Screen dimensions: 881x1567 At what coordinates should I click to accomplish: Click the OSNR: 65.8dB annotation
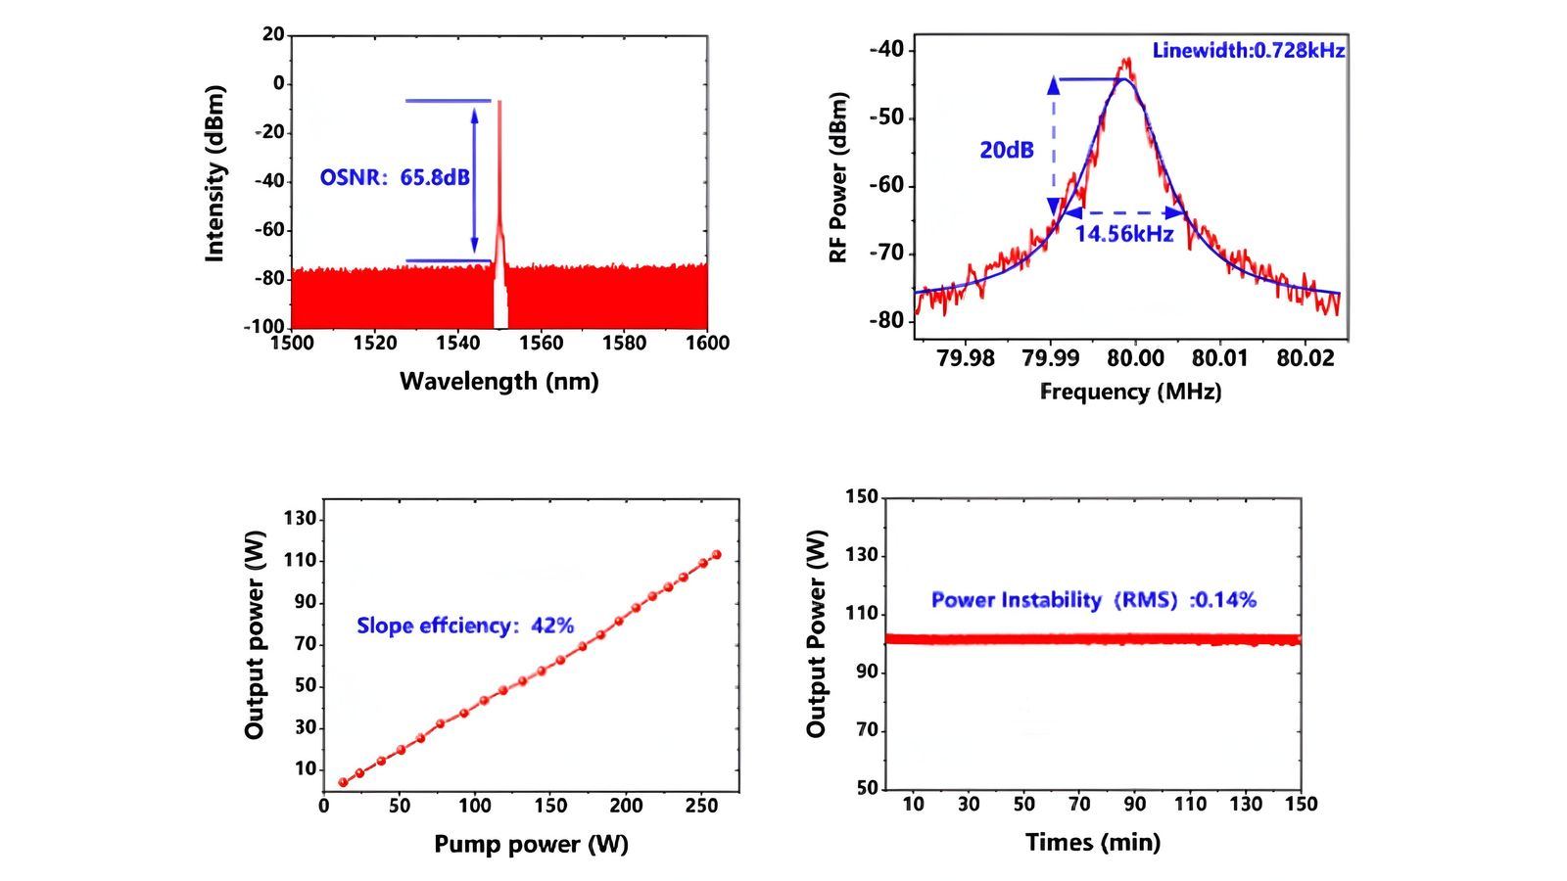(394, 178)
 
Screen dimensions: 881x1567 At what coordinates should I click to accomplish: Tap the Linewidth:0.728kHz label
(1248, 50)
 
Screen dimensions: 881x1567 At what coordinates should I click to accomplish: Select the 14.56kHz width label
(1123, 234)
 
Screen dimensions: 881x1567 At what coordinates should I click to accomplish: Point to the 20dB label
(1006, 151)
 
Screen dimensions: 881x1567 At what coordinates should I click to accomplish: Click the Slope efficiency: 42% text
(464, 626)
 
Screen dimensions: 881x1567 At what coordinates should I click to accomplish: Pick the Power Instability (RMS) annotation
(1093, 600)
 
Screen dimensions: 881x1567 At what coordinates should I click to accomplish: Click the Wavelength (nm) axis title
(499, 381)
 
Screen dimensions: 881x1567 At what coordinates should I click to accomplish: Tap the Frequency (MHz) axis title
(1130, 392)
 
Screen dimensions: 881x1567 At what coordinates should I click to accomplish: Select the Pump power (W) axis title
(531, 844)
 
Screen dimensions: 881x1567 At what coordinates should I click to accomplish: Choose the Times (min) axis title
(1092, 842)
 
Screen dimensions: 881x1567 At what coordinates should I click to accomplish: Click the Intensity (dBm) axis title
(215, 174)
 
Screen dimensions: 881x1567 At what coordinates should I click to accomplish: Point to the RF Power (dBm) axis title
(838, 177)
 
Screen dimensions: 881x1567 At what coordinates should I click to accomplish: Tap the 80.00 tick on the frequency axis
(1134, 358)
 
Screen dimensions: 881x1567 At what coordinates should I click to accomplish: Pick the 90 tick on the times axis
(1134, 805)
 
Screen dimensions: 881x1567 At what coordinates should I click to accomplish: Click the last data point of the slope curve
(716, 555)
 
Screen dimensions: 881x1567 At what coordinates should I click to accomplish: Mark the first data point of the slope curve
(343, 782)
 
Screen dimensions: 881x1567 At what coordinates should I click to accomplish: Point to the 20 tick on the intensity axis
(272, 35)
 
